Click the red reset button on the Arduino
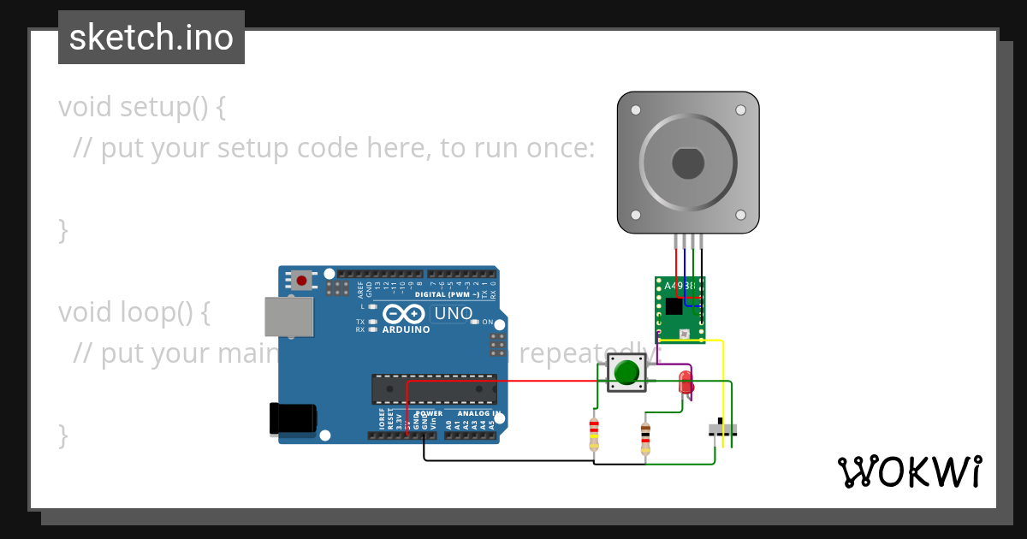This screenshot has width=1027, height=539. point(301,280)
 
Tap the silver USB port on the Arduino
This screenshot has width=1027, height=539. point(289,317)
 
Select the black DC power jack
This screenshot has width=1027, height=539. point(293,418)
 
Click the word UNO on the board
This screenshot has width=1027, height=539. point(453,313)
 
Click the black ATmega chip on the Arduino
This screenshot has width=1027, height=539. point(434,388)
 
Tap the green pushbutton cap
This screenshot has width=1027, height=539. point(626,372)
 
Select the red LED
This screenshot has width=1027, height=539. point(686,382)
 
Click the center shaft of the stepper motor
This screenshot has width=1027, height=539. point(688,163)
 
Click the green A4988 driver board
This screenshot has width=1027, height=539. point(680,309)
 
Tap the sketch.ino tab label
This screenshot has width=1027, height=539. point(151,38)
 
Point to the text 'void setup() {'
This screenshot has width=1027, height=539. point(142,107)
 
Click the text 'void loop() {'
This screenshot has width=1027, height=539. point(134,312)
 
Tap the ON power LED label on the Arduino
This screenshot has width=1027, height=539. point(488,323)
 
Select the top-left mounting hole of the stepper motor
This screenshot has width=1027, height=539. point(635,110)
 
